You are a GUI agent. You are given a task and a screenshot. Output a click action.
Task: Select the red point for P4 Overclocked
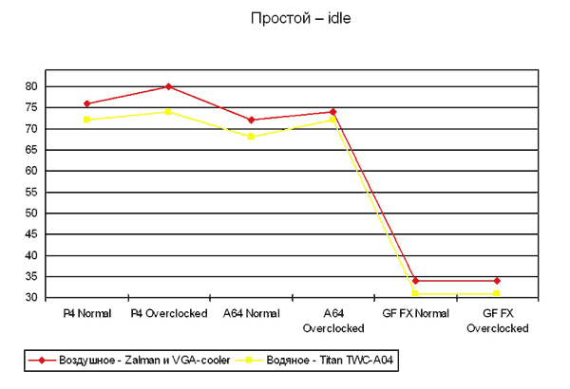tap(168, 86)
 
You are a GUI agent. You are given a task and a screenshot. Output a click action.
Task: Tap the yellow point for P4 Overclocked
tap(168, 111)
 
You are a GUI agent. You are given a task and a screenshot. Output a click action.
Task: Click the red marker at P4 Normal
tap(86, 103)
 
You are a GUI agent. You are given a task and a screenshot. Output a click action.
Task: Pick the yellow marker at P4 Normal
tap(86, 120)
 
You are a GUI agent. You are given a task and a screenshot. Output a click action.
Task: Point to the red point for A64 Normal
tap(251, 120)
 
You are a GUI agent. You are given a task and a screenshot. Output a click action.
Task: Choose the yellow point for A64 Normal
tap(251, 137)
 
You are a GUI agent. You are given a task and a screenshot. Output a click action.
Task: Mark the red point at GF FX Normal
tap(415, 281)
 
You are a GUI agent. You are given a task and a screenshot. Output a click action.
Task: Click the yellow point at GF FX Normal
tap(415, 293)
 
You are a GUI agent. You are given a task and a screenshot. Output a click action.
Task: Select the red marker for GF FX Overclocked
tap(497, 281)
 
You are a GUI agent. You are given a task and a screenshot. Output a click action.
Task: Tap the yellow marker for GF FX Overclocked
tap(497, 293)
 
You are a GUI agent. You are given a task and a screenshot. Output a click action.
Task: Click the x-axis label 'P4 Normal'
tap(86, 313)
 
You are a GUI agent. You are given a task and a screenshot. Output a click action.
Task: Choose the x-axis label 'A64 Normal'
tap(251, 313)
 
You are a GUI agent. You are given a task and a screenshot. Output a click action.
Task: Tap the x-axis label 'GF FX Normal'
tap(415, 313)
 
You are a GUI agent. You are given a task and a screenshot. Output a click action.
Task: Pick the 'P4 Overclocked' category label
tap(168, 313)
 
